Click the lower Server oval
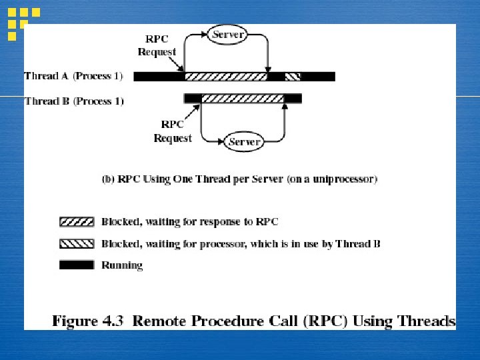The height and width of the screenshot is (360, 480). pos(244,141)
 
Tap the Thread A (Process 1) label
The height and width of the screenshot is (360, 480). pos(73,76)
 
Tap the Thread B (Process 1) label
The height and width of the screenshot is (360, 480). pos(73,101)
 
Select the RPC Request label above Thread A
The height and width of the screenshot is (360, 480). pos(157,45)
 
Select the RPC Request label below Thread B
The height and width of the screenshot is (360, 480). pos(172,131)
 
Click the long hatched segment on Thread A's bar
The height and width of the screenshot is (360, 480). pos(225,77)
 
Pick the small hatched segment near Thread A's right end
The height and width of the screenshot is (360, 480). pos(293,77)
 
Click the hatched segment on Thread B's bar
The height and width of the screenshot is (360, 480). pos(242,99)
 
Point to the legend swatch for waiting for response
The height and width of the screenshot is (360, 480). pos(77,221)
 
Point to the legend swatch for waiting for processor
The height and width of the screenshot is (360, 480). pos(77,243)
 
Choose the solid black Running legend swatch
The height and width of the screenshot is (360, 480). pos(77,265)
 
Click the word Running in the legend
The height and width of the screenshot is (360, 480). pos(122,265)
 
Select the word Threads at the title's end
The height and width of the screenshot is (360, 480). pos(423,321)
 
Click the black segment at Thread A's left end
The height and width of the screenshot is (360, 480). pos(159,77)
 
